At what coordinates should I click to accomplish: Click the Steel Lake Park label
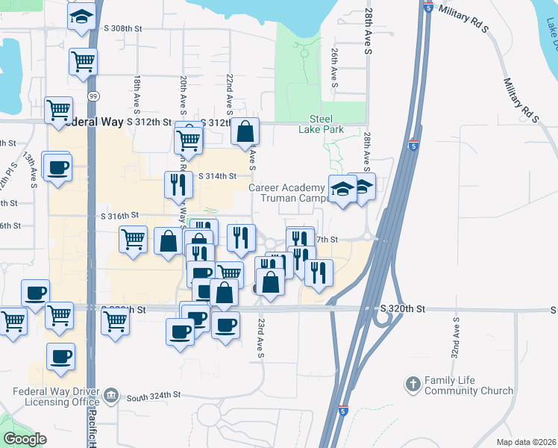[326, 123]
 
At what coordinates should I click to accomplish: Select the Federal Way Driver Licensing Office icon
[110, 394]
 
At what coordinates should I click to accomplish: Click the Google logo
[25, 438]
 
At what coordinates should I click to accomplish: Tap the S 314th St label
[217, 176]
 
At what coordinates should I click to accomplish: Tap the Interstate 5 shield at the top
[427, 7]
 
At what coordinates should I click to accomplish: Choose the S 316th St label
[120, 215]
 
